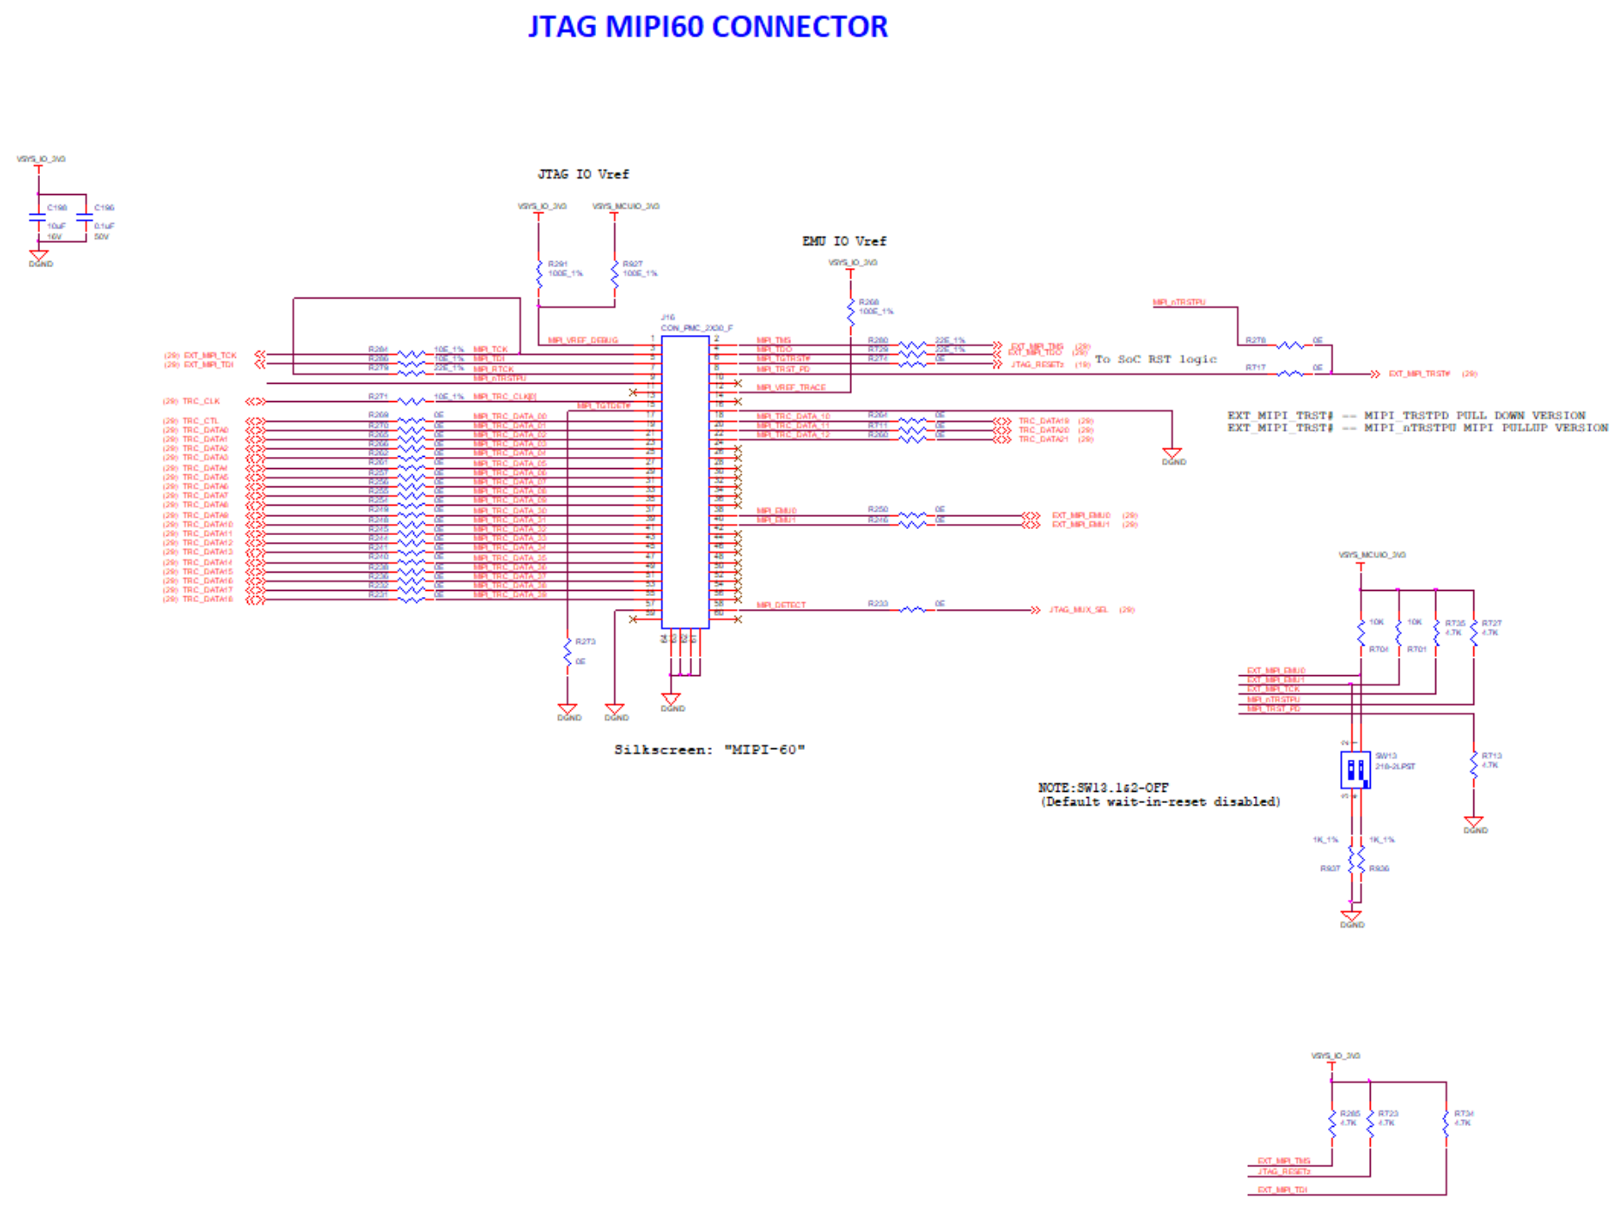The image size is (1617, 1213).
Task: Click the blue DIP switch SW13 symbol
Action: pyautogui.click(x=1355, y=770)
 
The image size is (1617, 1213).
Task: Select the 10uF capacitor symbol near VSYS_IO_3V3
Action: pyautogui.click(x=37, y=217)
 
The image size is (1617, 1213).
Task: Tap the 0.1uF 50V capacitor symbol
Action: pyautogui.click(x=84, y=217)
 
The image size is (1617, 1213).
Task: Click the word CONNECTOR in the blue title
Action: pyautogui.click(x=800, y=27)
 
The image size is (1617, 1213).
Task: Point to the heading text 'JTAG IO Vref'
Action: pyautogui.click(x=583, y=174)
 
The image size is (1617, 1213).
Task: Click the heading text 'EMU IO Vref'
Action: pyautogui.click(x=843, y=241)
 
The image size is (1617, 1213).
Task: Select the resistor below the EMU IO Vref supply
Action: pyautogui.click(x=850, y=312)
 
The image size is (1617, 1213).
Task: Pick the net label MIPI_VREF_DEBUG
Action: pyautogui.click(x=583, y=340)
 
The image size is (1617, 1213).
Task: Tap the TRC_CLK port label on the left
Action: pyautogui.click(x=201, y=401)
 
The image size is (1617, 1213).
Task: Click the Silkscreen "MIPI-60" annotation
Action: pyautogui.click(x=709, y=749)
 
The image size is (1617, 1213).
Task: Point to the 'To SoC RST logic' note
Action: pyautogui.click(x=1155, y=359)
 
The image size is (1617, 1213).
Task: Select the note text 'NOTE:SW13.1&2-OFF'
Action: pyautogui.click(x=1103, y=787)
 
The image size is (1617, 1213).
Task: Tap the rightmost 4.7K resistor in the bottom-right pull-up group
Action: pyautogui.click(x=1446, y=1122)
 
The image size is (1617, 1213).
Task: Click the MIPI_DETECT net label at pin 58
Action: pyautogui.click(x=781, y=605)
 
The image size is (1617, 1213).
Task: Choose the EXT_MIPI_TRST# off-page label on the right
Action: pyautogui.click(x=1419, y=374)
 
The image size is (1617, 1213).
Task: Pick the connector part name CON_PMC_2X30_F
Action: pyautogui.click(x=696, y=328)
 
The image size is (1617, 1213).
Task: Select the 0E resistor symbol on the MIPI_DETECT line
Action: pyautogui.click(x=912, y=610)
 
